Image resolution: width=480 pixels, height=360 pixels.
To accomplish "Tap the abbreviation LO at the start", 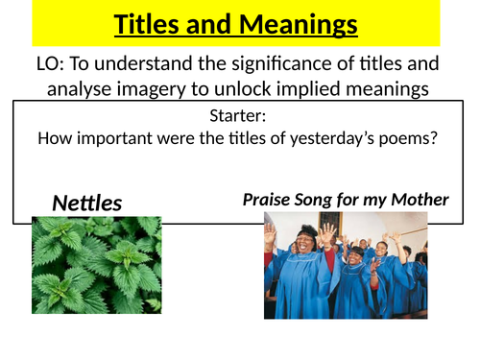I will [44, 65].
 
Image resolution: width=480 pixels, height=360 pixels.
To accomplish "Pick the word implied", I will [332, 89].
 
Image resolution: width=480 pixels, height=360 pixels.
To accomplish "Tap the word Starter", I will [237, 117].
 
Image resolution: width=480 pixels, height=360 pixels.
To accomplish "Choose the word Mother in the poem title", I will [420, 200].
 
